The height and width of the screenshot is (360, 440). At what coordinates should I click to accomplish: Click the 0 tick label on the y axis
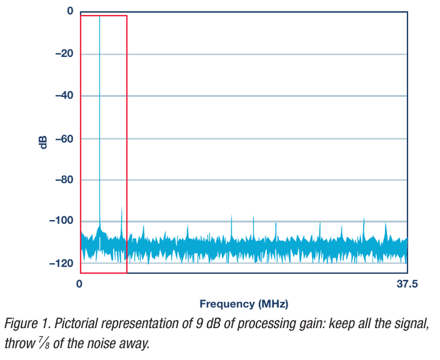click(70, 12)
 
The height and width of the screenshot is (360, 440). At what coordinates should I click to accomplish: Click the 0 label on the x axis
click(79, 284)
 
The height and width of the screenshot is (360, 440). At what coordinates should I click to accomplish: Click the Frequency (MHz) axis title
click(244, 303)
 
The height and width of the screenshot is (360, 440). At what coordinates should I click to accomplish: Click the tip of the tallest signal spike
click(100, 17)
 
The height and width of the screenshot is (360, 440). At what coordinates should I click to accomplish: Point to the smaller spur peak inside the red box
click(121, 208)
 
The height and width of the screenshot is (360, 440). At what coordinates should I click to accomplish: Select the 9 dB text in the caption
click(208, 323)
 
